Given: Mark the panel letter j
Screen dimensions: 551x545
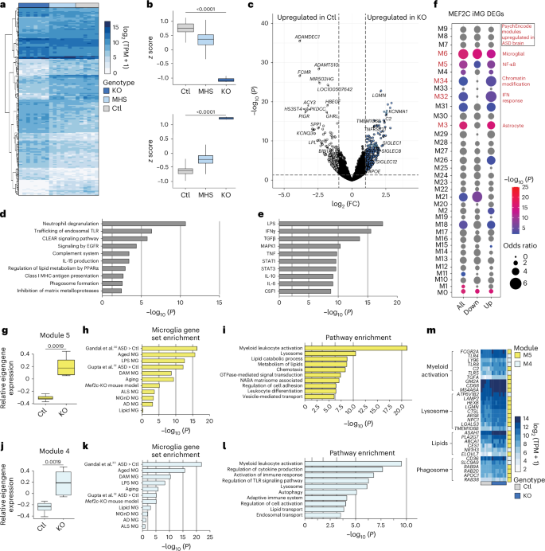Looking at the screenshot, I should (5, 436).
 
